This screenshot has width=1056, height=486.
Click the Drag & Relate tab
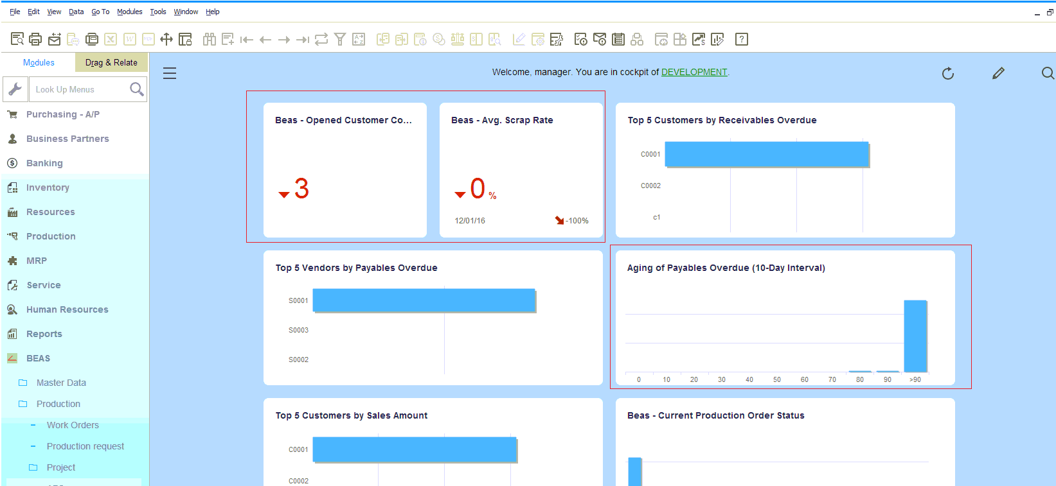(x=111, y=62)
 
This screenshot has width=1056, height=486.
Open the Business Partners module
(x=67, y=139)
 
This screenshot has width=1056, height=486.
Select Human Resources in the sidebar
(x=67, y=309)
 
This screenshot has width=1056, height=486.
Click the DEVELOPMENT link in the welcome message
(x=694, y=72)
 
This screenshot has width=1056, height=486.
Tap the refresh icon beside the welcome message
(x=947, y=73)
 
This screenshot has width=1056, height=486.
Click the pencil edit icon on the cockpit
(x=998, y=73)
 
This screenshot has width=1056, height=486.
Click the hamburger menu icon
(x=170, y=73)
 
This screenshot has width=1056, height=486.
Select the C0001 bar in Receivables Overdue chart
(x=766, y=154)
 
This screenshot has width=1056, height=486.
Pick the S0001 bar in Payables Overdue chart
(x=424, y=300)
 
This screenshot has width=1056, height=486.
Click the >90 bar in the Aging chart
(x=915, y=336)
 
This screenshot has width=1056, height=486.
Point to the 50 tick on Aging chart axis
(x=776, y=379)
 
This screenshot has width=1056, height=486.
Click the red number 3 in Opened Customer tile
(x=301, y=189)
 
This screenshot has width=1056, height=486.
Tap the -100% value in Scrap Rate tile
(x=577, y=221)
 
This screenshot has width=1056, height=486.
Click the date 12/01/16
(x=470, y=221)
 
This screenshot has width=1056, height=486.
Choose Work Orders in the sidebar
(x=73, y=425)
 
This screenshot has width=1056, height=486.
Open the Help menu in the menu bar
(x=212, y=12)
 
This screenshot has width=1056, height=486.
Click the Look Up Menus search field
(x=78, y=89)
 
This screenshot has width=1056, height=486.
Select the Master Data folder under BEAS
(x=61, y=383)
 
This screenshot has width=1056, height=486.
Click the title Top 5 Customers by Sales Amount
(x=352, y=415)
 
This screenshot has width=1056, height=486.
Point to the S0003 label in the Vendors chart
(x=298, y=330)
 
